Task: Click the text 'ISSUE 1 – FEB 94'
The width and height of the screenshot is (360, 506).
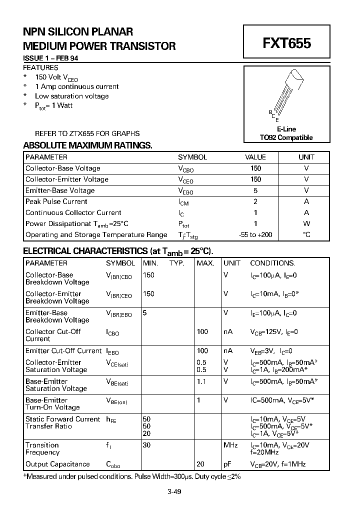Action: (50, 58)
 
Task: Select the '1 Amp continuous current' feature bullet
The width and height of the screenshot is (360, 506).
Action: (76, 86)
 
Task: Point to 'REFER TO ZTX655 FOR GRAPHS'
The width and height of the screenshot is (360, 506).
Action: (87, 133)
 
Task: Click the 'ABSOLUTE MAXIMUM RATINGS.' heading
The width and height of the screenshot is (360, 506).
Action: (87, 145)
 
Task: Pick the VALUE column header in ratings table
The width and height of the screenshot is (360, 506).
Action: (255, 157)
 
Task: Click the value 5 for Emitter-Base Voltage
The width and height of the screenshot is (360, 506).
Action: (255, 190)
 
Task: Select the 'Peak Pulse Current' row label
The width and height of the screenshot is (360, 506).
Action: (56, 201)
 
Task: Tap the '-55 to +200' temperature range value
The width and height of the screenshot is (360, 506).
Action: (255, 234)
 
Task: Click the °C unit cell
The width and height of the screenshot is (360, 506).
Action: (306, 234)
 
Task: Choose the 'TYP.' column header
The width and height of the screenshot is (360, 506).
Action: (177, 263)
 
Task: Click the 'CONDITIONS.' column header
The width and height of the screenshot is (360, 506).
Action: (272, 263)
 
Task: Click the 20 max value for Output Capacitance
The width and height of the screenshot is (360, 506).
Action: (200, 464)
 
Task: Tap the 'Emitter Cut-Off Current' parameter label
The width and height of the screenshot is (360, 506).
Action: (63, 351)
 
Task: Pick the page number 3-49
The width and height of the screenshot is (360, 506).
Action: (174, 491)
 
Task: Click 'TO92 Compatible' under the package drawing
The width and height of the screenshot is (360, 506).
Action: (286, 137)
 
